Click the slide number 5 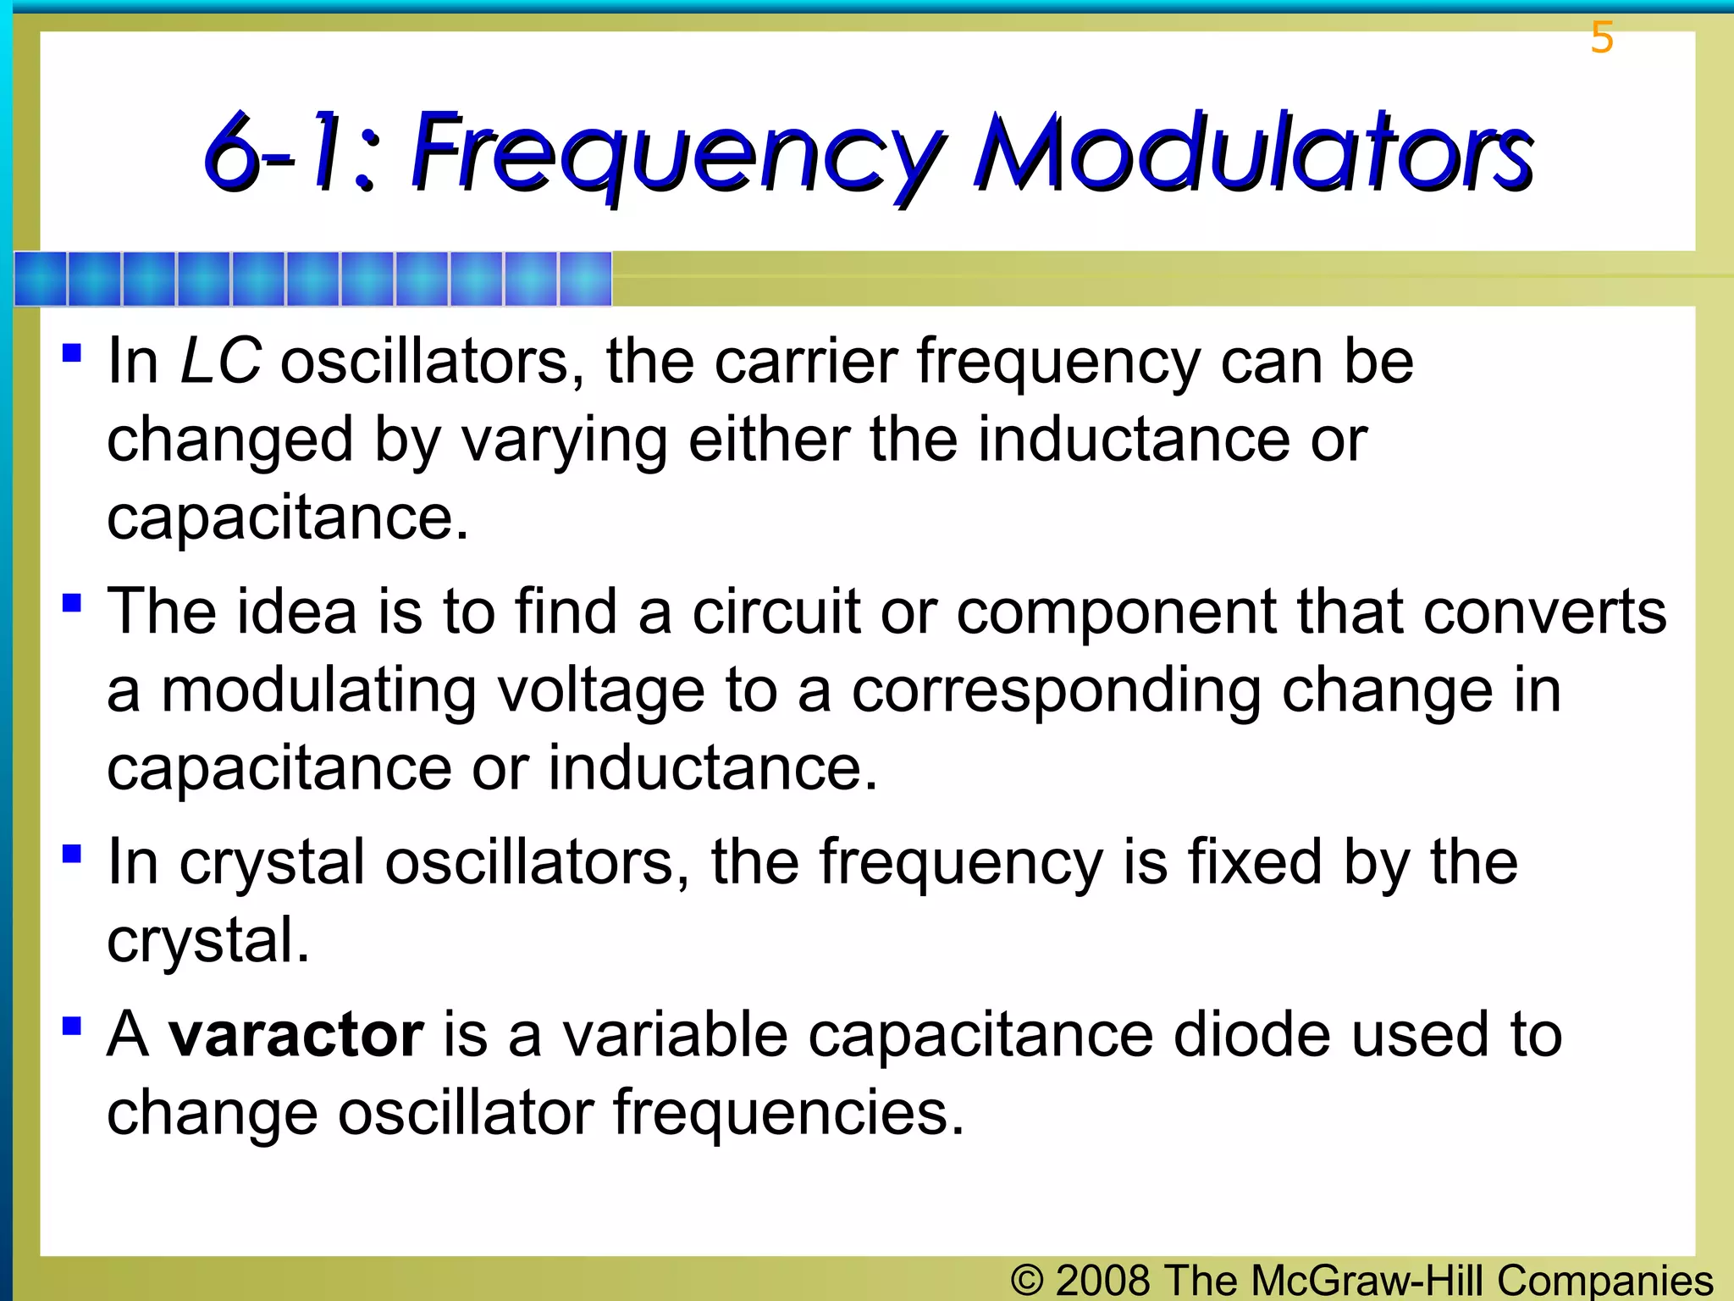click(x=1601, y=38)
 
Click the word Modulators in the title click(x=1253, y=152)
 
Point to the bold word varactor click(x=295, y=1035)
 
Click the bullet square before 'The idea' click(x=72, y=603)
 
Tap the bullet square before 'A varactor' click(x=72, y=1027)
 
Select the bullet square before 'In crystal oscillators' click(x=72, y=853)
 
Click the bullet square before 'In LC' click(x=72, y=352)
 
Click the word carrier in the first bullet click(x=805, y=362)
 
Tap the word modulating click(x=318, y=691)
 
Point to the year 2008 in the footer click(x=1102, y=1280)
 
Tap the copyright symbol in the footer click(x=1027, y=1280)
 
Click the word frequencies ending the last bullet click(x=788, y=1113)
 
